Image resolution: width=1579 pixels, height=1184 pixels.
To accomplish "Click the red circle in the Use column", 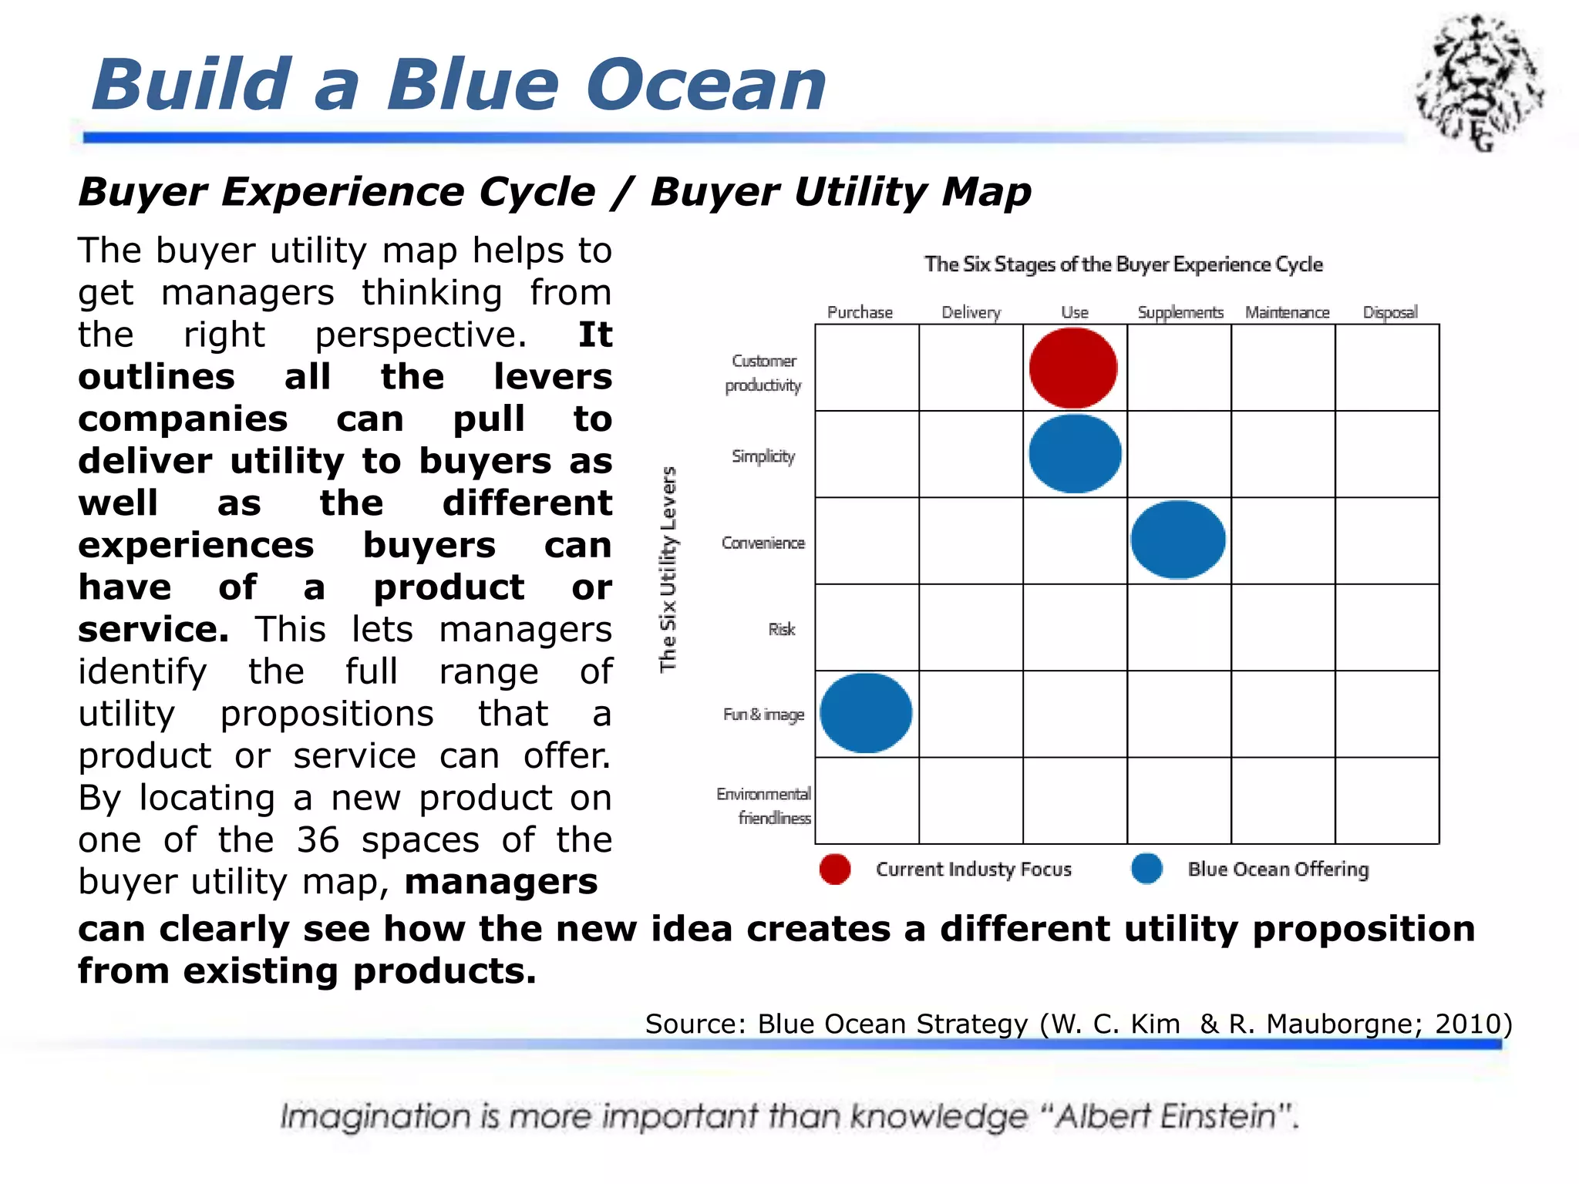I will click(x=1073, y=368).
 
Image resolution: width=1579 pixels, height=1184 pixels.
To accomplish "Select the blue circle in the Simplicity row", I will click(x=1075, y=454).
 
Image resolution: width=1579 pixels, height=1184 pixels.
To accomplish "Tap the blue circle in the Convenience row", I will click(x=1177, y=540).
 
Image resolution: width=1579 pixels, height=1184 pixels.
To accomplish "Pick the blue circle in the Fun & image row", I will click(x=866, y=713).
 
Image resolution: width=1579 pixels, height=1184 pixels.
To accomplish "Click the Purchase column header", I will click(x=860, y=312).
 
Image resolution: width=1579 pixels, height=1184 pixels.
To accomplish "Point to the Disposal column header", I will click(x=1389, y=312).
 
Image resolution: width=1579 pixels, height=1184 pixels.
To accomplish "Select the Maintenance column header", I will click(x=1287, y=312).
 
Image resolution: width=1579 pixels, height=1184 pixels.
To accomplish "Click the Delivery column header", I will click(x=971, y=312).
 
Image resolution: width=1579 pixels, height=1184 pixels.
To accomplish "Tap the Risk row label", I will click(x=781, y=629).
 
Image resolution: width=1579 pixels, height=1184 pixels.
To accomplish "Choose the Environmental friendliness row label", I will click(x=765, y=806).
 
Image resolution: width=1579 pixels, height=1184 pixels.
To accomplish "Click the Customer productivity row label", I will click(x=763, y=373).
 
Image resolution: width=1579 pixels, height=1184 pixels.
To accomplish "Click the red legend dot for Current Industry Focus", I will click(x=835, y=869).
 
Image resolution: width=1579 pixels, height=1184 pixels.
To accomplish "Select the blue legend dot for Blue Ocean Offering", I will click(x=1146, y=868).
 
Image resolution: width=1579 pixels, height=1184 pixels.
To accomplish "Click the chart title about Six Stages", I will click(x=1123, y=264).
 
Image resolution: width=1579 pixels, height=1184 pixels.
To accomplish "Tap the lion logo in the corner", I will click(x=1479, y=82).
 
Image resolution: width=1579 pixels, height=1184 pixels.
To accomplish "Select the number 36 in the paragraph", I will click(x=318, y=839).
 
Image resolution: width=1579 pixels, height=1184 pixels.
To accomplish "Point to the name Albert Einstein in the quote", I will click(x=1166, y=1116).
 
